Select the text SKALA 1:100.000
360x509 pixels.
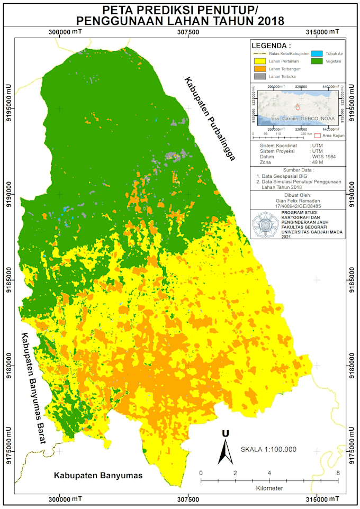click(x=268, y=450)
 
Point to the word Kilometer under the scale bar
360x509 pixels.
click(x=269, y=488)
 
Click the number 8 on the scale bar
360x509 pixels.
click(x=338, y=472)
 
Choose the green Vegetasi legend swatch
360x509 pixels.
click(x=317, y=61)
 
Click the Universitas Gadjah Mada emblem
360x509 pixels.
click(x=263, y=224)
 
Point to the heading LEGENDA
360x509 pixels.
click(x=271, y=45)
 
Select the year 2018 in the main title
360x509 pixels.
click(x=268, y=21)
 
